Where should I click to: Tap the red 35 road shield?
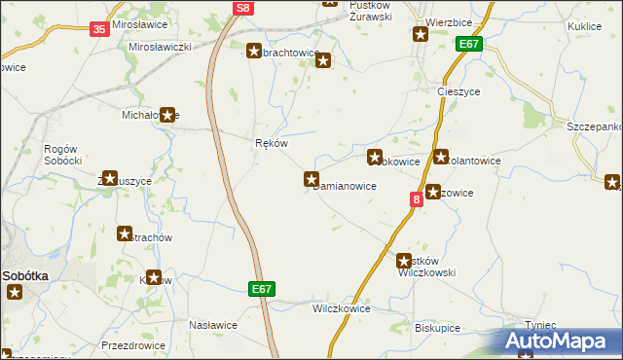(99, 29)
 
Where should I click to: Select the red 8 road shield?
(417, 198)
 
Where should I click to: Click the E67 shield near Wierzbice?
(469, 44)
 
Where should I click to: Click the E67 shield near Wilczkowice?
(261, 289)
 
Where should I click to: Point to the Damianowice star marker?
(311, 179)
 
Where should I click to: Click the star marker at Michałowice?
(167, 115)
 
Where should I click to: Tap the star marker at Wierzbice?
(421, 36)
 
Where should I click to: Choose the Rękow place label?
(270, 143)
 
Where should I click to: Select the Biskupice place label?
(437, 328)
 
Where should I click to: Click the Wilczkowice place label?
(341, 308)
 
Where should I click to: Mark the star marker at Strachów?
(126, 234)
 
